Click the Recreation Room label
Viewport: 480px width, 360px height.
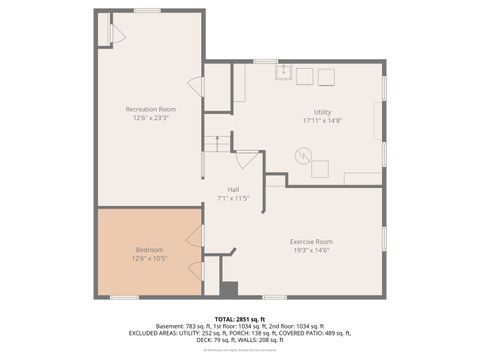[151, 108]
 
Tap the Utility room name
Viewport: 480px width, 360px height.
[322, 112]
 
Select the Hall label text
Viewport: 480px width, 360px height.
[232, 189]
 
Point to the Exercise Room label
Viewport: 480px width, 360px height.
[311, 242]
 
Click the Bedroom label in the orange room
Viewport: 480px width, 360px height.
[149, 249]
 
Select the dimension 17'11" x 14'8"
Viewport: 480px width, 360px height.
[322, 121]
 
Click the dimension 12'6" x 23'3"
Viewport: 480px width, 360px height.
[151, 117]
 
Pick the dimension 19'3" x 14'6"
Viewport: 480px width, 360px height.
[311, 251]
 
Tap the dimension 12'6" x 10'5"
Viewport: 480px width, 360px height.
[149, 258]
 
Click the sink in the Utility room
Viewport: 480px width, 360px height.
[283, 72]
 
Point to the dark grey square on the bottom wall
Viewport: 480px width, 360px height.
[229, 289]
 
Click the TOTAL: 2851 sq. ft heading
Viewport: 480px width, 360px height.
[240, 319]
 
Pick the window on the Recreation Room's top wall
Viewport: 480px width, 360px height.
[147, 10]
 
